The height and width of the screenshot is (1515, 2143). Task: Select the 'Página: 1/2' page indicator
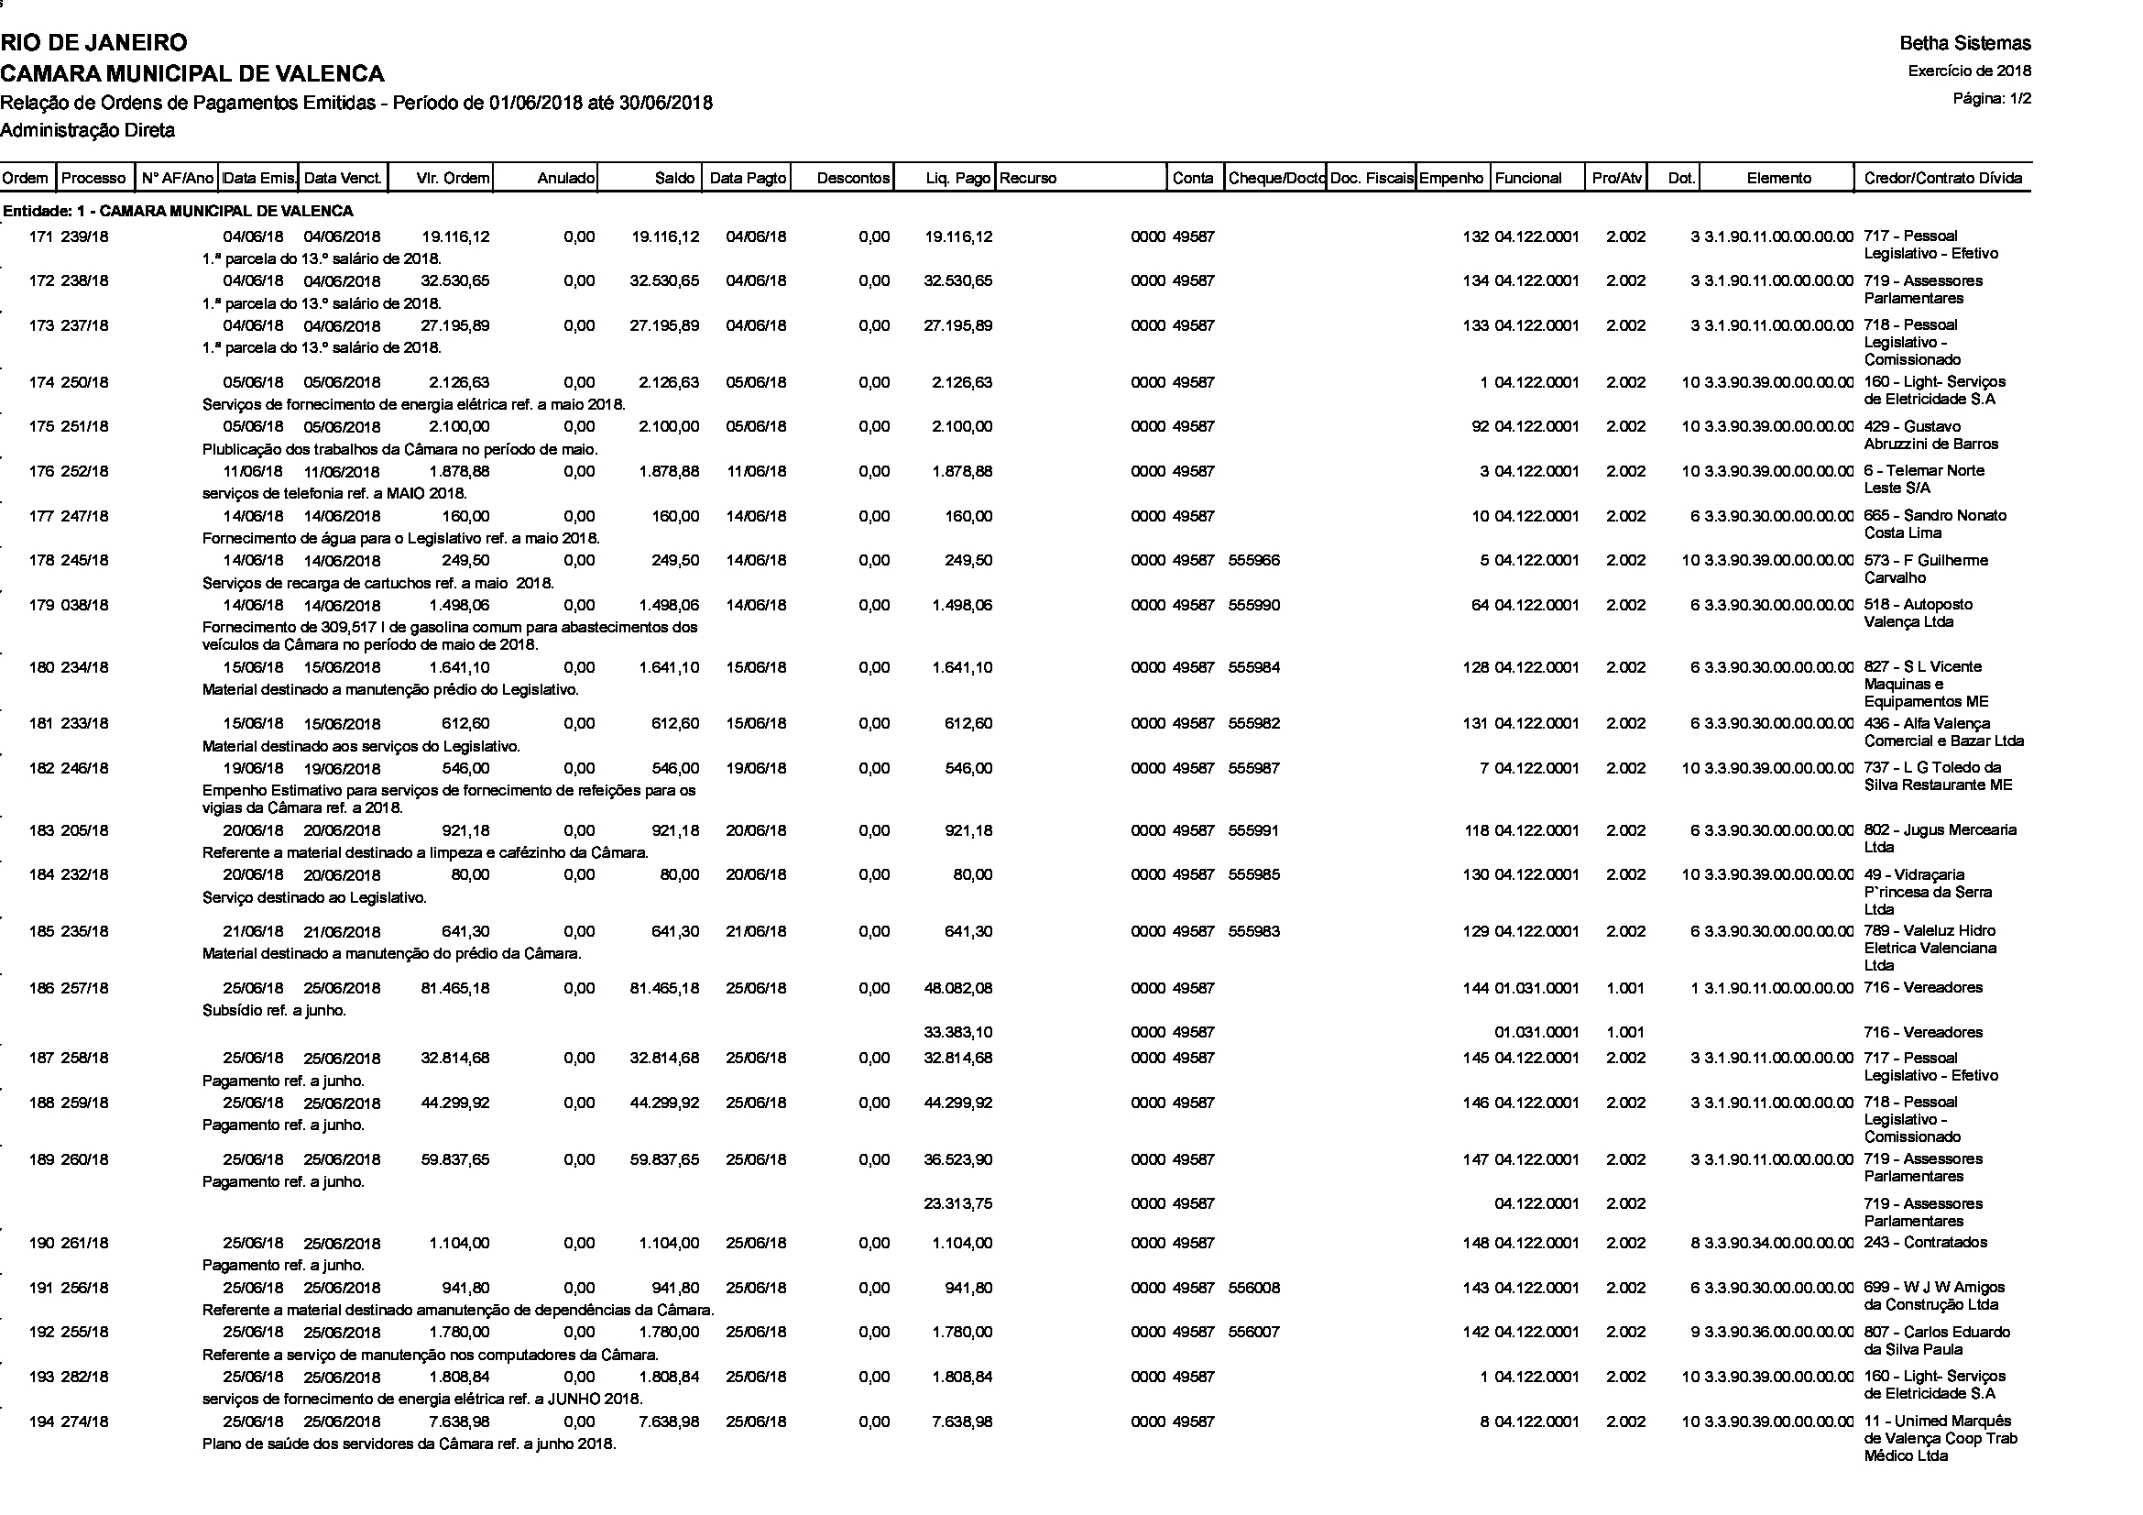tap(1992, 99)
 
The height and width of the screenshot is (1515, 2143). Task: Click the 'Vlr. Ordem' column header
tap(453, 179)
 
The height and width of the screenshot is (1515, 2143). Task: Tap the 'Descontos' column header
tap(853, 179)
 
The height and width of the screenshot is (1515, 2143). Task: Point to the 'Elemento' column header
tap(1778, 179)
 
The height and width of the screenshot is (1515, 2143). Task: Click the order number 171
tap(41, 237)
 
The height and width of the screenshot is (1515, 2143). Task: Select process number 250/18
tap(85, 383)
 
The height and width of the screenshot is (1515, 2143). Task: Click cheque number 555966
tap(1254, 561)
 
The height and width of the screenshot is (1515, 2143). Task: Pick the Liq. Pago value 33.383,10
tap(957, 1032)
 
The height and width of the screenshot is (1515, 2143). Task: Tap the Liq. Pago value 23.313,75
tap(957, 1204)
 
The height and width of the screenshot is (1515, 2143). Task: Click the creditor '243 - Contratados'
tap(1925, 1243)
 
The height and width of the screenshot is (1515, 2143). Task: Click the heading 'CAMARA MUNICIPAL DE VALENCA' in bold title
tap(192, 72)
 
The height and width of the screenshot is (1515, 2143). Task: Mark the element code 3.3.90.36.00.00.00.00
tap(1778, 1332)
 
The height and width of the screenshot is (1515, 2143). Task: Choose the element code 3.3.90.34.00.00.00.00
tap(1778, 1244)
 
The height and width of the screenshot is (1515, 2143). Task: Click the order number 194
tap(41, 1422)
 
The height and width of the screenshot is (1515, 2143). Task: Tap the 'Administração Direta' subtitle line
tap(88, 131)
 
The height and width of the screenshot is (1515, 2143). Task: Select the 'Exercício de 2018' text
tap(1968, 71)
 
